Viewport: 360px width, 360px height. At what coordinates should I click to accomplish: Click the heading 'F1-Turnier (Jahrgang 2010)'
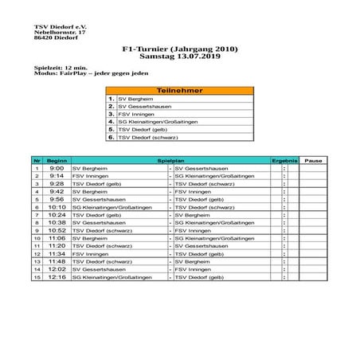181,49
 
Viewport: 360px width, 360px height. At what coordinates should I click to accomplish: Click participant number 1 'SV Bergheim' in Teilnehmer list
133,99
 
